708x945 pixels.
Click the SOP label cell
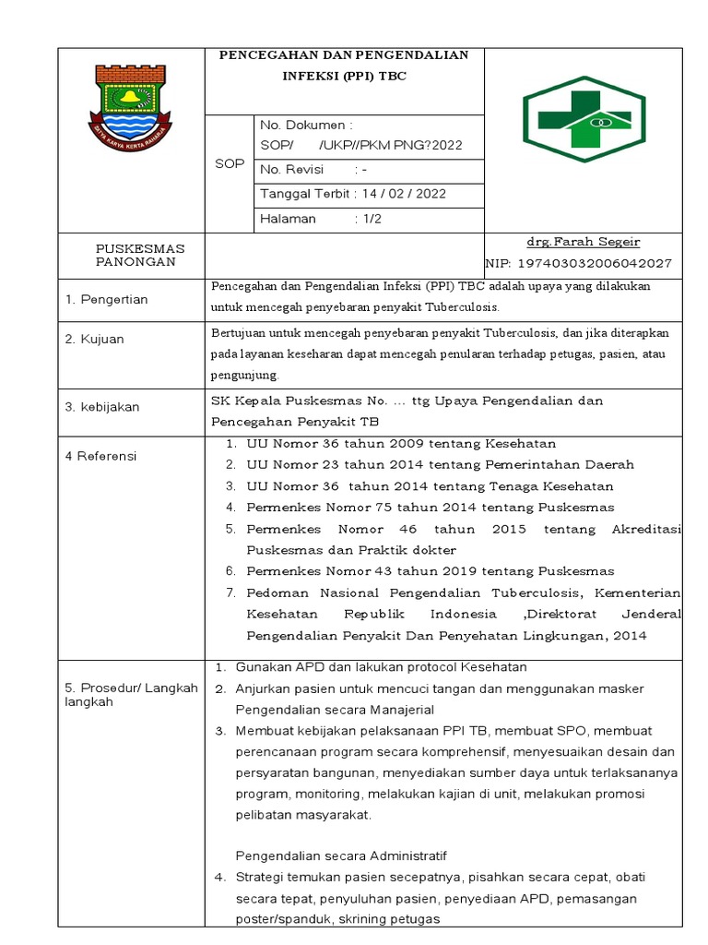[x=229, y=163]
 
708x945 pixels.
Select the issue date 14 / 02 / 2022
[x=407, y=194]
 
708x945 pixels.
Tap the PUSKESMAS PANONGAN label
[x=141, y=256]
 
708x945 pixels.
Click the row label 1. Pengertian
[x=106, y=299]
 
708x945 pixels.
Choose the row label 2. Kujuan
[x=94, y=339]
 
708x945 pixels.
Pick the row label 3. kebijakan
[x=101, y=407]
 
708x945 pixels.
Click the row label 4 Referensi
[x=100, y=456]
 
